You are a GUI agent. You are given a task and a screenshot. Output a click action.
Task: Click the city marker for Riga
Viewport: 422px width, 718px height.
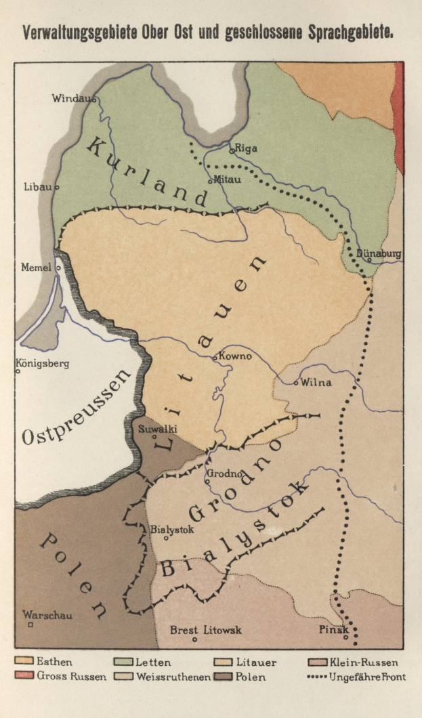tap(231, 151)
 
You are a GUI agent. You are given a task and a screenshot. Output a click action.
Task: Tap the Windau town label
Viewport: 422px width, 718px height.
tap(71, 98)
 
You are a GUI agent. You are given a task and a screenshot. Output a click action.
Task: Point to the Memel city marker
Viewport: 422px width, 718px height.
tap(58, 268)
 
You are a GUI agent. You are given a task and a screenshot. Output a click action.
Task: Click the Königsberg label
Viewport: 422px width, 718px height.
tap(43, 363)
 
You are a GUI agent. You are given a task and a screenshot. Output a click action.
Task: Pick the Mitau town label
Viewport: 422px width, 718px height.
tap(227, 179)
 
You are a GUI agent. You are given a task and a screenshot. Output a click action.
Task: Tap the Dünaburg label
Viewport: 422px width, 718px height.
tap(379, 253)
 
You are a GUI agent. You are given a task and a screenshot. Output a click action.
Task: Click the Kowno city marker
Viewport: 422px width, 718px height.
tap(215, 358)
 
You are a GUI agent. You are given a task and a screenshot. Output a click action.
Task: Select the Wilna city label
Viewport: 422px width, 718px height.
tap(316, 382)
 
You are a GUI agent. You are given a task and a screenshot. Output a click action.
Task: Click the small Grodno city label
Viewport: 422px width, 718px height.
tap(222, 474)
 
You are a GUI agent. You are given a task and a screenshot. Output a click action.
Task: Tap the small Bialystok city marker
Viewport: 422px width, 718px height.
tap(166, 538)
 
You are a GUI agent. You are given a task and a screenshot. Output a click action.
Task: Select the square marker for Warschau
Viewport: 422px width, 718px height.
tap(30, 625)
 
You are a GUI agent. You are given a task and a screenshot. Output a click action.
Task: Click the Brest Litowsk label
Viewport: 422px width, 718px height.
tap(205, 630)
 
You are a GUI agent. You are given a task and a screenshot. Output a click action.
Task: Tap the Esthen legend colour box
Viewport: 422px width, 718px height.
tap(24, 662)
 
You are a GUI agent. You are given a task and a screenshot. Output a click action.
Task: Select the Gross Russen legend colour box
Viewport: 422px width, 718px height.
tap(24, 676)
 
